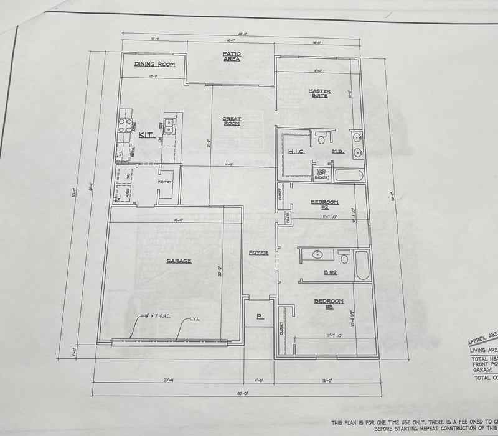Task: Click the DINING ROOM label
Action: click(155, 64)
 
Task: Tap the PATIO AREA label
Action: click(232, 57)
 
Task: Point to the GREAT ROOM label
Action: click(232, 121)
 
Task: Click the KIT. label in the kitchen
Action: click(146, 134)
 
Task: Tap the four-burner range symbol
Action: click(125, 126)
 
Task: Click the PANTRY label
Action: click(164, 182)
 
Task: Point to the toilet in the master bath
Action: click(321, 137)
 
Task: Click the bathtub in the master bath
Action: click(349, 175)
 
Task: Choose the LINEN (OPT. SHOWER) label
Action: click(321, 174)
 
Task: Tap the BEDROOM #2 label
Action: click(324, 203)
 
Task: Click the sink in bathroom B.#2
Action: click(317, 254)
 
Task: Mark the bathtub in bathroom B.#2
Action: click(362, 265)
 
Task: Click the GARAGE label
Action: click(179, 261)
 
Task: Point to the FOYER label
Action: click(258, 253)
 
